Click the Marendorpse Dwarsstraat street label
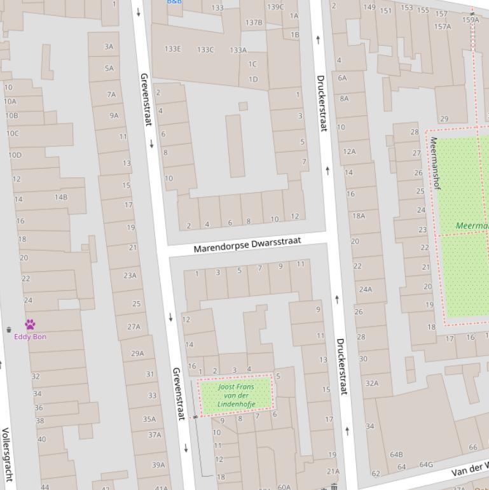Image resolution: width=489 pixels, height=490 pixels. point(247,244)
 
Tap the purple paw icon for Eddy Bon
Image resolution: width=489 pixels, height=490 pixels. point(30,325)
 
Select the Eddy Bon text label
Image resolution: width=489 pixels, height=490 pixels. point(30,337)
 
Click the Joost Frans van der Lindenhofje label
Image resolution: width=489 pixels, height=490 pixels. point(236,395)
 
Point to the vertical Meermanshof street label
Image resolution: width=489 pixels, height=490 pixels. point(435,163)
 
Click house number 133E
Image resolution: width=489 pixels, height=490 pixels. point(172,49)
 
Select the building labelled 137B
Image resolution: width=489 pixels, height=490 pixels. point(254,22)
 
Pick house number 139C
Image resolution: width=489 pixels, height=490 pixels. point(275,7)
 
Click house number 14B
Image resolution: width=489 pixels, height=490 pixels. point(60,197)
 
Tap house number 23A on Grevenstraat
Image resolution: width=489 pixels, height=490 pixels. point(130,276)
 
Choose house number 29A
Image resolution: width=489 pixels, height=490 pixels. point(137,353)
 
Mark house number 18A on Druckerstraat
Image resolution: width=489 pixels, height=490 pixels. point(359,216)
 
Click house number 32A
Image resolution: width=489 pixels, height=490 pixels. point(371,383)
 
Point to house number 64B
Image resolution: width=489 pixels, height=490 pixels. point(396,454)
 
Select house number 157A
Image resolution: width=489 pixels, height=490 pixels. point(443,27)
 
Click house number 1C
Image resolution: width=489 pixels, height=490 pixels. point(252,64)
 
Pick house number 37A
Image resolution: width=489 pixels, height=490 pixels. point(155,435)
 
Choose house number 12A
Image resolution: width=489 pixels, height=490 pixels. point(349,151)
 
